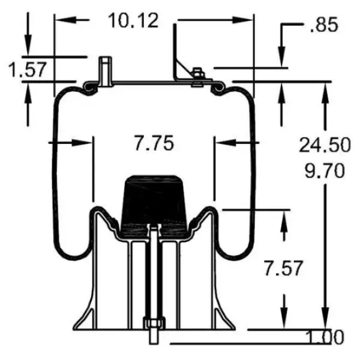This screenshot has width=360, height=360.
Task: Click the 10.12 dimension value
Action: (x=133, y=20)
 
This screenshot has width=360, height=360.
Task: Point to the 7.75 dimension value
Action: (x=154, y=143)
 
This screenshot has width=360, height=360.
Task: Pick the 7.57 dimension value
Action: (x=282, y=268)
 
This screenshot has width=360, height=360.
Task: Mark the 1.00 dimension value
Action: (x=324, y=337)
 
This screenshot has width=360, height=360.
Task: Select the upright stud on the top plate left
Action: (x=106, y=71)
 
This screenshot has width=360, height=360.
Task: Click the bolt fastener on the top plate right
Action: (x=196, y=79)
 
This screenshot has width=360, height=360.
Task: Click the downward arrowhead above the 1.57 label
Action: (x=28, y=48)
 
